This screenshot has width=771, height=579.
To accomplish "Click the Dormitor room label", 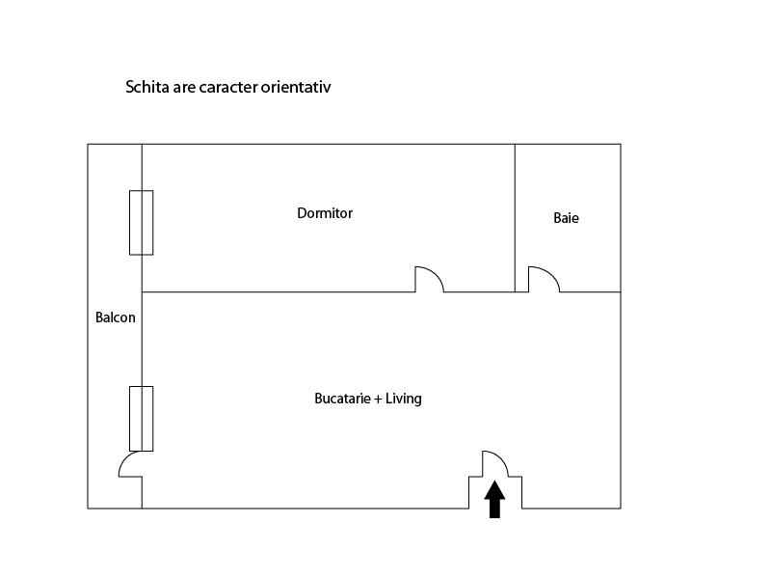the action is click(325, 213).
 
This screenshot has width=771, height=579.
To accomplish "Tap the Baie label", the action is click(566, 218).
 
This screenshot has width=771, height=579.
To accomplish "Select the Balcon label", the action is click(116, 317).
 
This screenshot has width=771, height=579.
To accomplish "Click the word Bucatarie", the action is click(342, 399).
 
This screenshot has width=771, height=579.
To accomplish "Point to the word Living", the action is click(403, 399).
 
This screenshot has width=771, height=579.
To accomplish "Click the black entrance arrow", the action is click(494, 499).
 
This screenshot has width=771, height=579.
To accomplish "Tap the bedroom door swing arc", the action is click(436, 273).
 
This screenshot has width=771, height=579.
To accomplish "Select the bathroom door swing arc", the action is click(549, 274).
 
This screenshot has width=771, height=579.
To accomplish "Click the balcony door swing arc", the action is click(125, 459).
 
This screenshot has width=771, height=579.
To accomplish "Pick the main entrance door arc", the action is click(500, 457).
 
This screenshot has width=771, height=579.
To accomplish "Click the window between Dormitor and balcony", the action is click(141, 223).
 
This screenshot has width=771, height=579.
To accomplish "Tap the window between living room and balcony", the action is click(141, 419).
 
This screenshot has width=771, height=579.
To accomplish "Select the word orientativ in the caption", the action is click(296, 87).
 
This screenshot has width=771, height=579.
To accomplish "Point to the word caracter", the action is click(228, 88).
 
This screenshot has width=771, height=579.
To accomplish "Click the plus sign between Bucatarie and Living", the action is click(378, 399).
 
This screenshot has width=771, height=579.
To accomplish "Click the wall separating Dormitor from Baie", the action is click(515, 218).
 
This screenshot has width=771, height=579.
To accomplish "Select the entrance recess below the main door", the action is click(495, 492).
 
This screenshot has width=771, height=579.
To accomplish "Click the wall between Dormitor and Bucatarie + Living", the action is click(279, 292).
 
